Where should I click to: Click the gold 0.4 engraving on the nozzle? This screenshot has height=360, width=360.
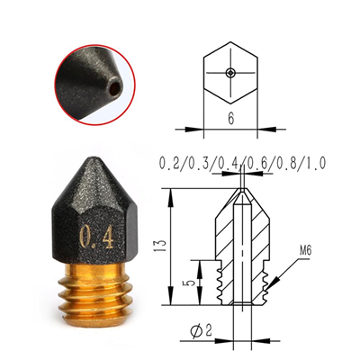point(97,238)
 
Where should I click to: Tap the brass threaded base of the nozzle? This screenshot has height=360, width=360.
point(95,291)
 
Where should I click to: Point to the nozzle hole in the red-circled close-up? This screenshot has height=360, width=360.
point(116,87)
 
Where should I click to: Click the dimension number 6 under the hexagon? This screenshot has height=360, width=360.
point(230,119)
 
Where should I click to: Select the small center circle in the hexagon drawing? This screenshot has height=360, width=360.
point(230,72)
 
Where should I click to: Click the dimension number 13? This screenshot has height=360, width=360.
point(162,246)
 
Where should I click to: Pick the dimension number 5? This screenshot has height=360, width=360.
point(187,283)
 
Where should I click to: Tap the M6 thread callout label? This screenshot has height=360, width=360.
point(305,250)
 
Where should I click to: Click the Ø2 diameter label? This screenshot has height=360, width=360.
point(202,331)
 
